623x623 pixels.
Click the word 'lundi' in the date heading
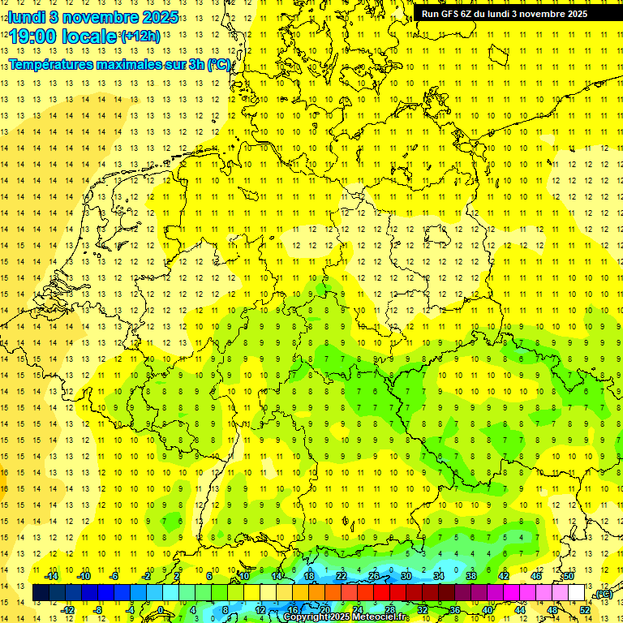(26, 16)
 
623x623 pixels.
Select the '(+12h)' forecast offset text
(140, 37)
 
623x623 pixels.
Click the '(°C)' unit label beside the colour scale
(602, 595)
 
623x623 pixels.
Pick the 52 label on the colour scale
(585, 610)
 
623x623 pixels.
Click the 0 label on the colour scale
(161, 610)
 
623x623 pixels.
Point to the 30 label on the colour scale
(406, 576)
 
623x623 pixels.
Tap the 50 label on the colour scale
(569, 576)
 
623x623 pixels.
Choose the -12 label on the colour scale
(67, 610)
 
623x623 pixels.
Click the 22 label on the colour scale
(342, 576)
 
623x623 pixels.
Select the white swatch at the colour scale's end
(577, 593)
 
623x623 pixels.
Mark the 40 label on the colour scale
(488, 610)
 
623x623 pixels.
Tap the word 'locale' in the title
(90, 37)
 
